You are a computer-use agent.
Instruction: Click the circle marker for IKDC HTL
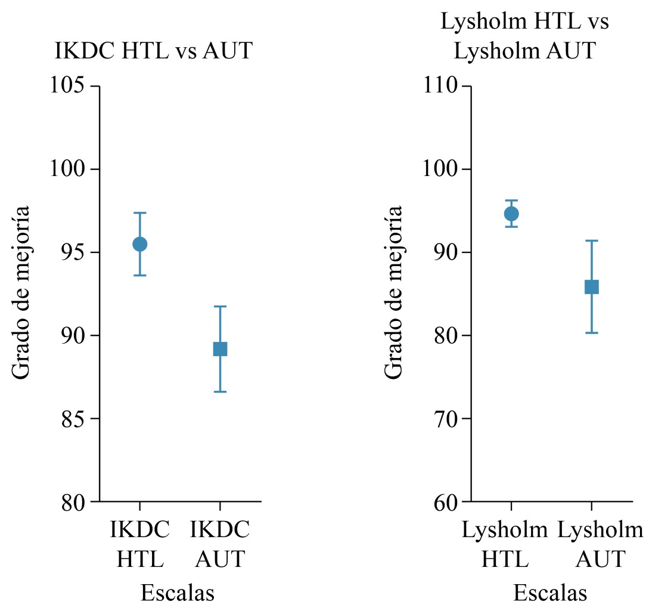pos(139,244)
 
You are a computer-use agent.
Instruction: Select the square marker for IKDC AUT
pos(220,349)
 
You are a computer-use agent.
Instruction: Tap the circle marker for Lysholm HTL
pos(511,214)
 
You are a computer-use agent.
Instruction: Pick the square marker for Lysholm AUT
pos(591,287)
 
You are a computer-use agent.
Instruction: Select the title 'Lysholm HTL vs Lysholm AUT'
pos(524,37)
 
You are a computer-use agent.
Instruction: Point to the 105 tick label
pos(66,87)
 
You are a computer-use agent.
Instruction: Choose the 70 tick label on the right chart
pos(445,419)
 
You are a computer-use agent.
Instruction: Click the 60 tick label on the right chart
pos(445,502)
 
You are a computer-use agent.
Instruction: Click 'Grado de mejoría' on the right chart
pos(393,292)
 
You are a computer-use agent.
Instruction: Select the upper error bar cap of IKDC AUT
pos(220,307)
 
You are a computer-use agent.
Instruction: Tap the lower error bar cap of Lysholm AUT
pos(591,332)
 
